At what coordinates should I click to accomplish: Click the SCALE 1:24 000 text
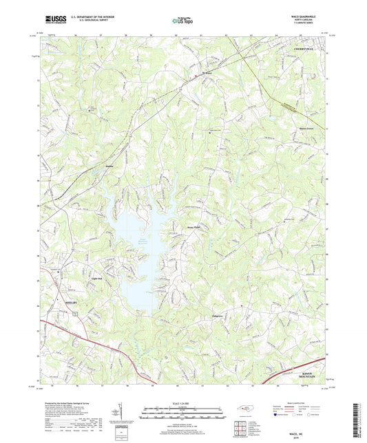click(x=182, y=402)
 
